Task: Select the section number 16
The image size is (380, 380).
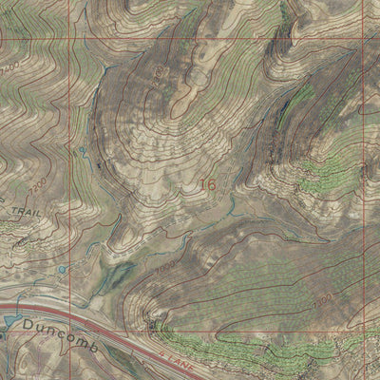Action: (208, 184)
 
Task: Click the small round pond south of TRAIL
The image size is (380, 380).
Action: (62, 269)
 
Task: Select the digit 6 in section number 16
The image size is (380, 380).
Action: (212, 184)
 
